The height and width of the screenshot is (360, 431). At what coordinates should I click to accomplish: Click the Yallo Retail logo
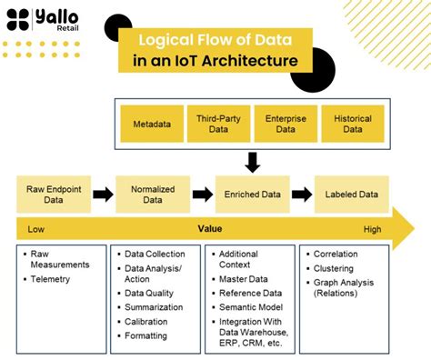(x=44, y=20)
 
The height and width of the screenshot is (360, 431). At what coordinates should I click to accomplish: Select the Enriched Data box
(x=252, y=194)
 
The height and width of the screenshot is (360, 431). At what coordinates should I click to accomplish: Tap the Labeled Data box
(x=351, y=194)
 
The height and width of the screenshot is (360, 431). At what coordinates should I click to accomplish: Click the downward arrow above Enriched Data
(x=252, y=162)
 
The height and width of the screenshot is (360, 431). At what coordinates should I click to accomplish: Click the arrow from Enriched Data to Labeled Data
(x=302, y=194)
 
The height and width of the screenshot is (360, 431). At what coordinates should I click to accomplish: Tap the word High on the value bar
(x=373, y=230)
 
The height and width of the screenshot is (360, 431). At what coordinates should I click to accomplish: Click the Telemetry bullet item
(x=50, y=279)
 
